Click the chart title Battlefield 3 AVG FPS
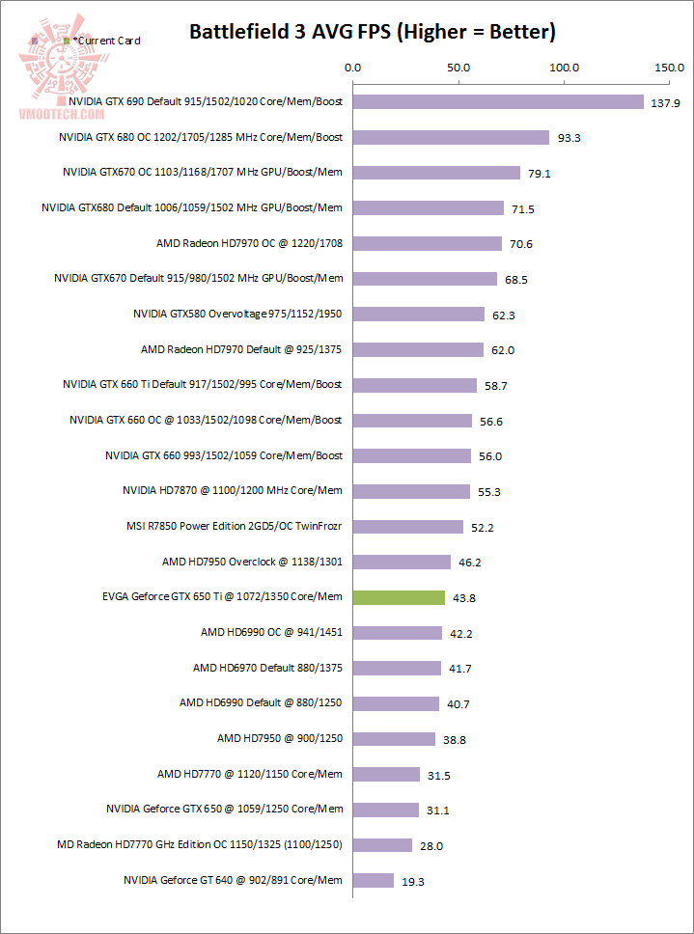tap(372, 33)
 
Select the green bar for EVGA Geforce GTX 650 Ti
tap(399, 597)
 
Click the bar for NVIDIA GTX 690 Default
tap(498, 101)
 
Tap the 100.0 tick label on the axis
tap(564, 69)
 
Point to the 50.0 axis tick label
tap(458, 69)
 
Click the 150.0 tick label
tap(668, 69)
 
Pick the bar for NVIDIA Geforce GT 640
tap(374, 880)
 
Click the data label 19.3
tap(415, 881)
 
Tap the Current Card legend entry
tap(101, 41)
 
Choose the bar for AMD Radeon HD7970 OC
tap(428, 243)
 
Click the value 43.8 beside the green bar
tap(465, 598)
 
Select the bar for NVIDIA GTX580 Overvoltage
tap(419, 314)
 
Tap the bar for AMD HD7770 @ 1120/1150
tap(386, 774)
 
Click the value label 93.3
tap(569, 138)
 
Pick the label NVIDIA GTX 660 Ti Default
tap(203, 384)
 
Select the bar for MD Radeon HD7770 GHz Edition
tap(382, 845)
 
